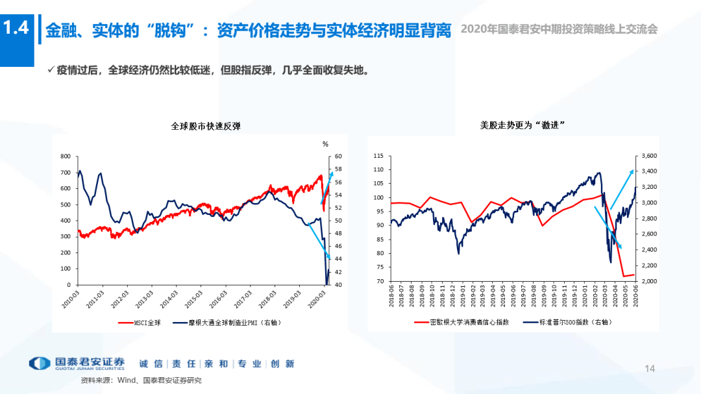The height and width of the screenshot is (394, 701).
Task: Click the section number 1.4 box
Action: (16, 29)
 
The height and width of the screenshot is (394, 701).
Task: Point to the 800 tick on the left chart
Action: (65, 156)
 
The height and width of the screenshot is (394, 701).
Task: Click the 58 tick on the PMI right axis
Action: (338, 169)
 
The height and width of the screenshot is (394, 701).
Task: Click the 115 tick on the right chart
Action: (378, 156)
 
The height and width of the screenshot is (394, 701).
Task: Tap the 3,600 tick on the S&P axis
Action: (649, 156)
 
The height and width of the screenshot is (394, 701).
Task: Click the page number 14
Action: (650, 369)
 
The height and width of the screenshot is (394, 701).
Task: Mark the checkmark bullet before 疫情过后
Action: (50, 70)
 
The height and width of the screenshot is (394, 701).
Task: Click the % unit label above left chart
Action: (326, 143)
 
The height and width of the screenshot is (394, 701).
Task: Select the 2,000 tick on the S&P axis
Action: (649, 281)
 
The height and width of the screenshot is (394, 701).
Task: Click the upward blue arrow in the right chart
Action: (622, 189)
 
